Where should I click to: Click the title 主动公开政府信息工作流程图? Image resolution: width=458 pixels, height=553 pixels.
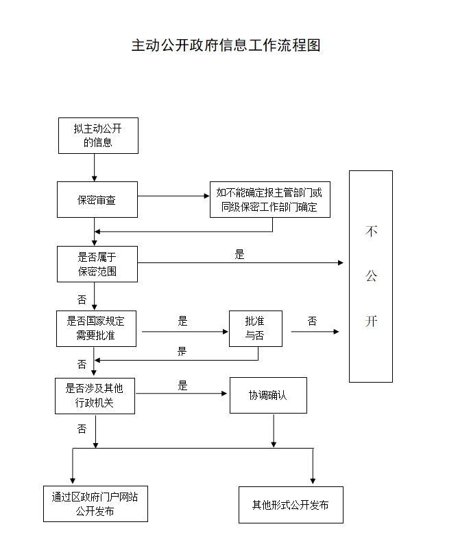(x=226, y=45)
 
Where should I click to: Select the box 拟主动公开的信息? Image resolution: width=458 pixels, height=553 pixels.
(x=97, y=135)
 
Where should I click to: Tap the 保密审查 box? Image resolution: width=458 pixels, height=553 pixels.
(x=97, y=200)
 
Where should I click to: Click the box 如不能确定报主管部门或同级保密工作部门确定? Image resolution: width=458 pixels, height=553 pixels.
(x=269, y=199)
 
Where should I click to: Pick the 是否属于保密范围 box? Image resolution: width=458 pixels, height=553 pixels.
(x=97, y=264)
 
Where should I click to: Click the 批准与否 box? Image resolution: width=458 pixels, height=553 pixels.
(x=255, y=328)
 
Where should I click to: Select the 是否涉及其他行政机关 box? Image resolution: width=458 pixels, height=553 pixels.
(x=95, y=396)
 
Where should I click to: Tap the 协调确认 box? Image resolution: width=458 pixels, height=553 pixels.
(x=268, y=395)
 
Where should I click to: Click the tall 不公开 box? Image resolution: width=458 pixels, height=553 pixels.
(x=371, y=276)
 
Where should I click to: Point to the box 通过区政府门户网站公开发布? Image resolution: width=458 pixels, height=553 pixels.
(x=95, y=504)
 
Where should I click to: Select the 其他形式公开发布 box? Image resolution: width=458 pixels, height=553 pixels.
(x=290, y=505)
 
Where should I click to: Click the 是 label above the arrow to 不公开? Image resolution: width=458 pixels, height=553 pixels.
(x=239, y=254)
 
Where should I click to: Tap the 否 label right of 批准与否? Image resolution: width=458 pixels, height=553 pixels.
(x=313, y=321)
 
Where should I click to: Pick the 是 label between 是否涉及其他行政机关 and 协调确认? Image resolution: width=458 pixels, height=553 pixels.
(x=183, y=385)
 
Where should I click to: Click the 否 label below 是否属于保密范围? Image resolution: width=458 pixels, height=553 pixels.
(x=82, y=300)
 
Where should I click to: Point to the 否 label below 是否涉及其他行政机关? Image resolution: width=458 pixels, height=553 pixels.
(x=82, y=429)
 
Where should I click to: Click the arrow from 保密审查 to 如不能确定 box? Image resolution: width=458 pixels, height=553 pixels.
(x=173, y=196)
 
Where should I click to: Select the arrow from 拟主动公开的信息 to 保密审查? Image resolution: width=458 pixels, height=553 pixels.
(x=95, y=167)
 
